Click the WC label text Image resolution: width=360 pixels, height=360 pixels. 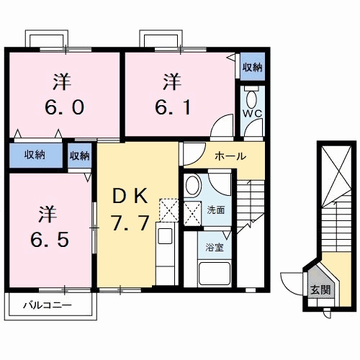click(251, 113)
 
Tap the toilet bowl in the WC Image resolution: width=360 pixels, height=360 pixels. click(251, 97)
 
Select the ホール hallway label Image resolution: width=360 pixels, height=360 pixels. click(230, 156)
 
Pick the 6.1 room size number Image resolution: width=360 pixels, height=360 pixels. click(173, 107)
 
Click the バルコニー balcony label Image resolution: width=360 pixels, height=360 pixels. click(46, 306)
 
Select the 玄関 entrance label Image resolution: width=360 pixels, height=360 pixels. click(320, 290)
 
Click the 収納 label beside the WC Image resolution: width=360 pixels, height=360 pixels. click(251, 67)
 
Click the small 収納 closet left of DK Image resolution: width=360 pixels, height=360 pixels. click(80, 155)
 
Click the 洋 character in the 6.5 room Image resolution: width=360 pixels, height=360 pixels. click(48, 213)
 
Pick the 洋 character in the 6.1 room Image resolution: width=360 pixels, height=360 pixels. click(171, 79)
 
